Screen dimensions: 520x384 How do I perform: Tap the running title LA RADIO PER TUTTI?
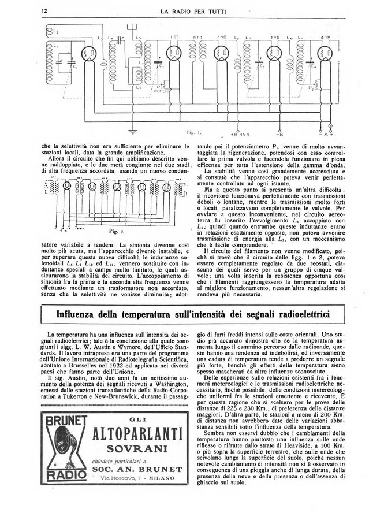[192, 10]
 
